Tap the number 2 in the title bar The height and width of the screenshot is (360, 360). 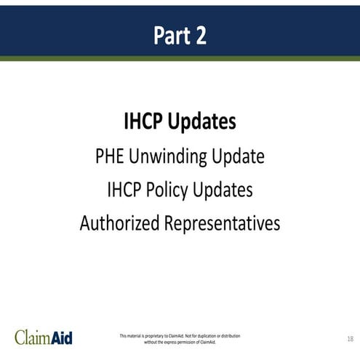200,36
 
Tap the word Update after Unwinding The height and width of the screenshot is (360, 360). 239,156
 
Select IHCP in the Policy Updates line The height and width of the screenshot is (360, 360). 124,190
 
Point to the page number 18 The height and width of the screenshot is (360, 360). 350,338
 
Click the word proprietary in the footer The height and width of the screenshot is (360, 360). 154,335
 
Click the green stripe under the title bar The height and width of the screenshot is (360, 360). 180,58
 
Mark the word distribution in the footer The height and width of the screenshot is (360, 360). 232,335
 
